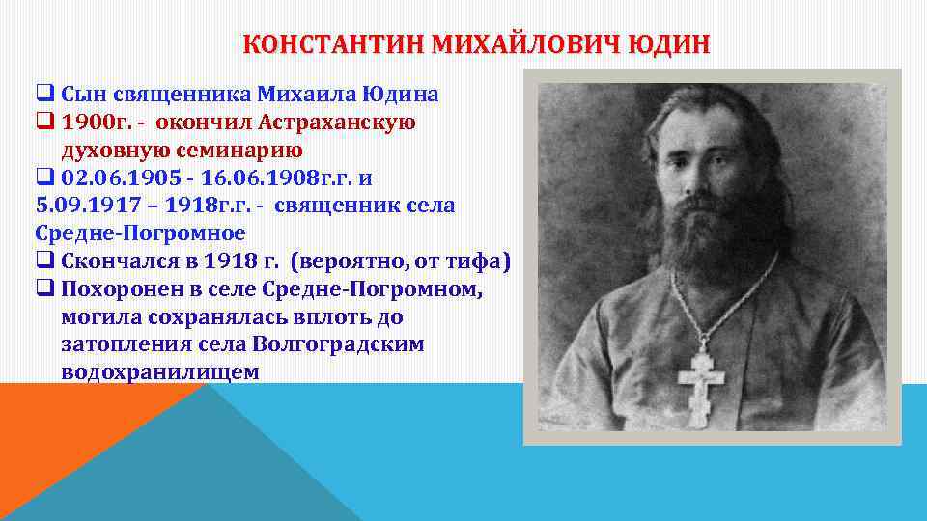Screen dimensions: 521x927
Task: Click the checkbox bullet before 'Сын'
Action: tap(43, 95)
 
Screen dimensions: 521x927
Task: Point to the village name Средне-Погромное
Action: tap(140, 233)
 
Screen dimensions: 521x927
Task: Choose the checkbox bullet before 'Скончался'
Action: tap(43, 261)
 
